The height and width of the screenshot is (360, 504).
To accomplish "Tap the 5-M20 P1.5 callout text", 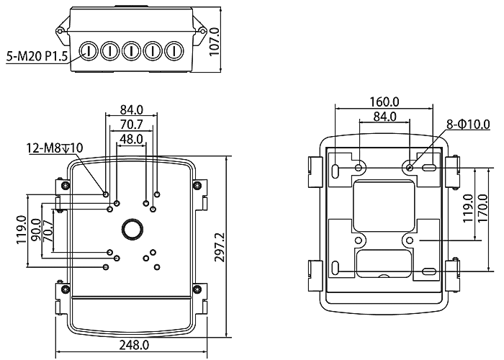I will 36,55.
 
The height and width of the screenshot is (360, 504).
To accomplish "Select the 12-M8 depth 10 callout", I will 55,148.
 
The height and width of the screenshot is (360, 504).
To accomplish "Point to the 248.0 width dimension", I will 134,346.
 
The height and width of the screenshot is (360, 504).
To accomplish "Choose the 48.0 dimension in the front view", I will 131,139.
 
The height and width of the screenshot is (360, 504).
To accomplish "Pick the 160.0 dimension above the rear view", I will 384,102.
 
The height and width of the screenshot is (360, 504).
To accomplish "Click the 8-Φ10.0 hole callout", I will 468,125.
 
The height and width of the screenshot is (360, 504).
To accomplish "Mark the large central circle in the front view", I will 132,228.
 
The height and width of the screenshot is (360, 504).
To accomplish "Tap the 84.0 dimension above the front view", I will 132,110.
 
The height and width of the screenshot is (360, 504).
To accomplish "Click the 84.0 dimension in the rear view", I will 385,117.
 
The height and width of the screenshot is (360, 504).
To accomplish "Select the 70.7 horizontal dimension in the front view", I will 131,125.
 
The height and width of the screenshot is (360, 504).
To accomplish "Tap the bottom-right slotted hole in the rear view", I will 428,271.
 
